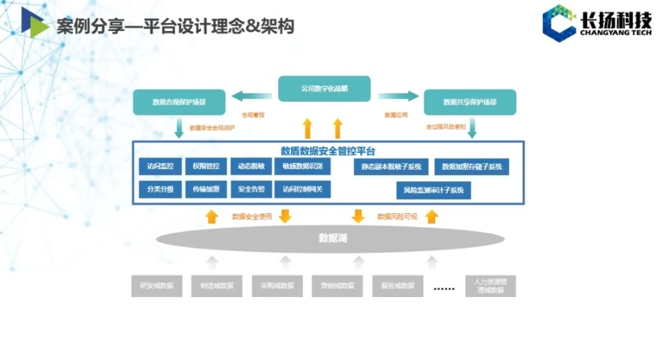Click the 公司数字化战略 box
pos(324,88)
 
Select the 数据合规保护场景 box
pos(179,102)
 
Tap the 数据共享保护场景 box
pos(470,102)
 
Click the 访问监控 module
pos(160,166)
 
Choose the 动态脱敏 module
pos(251,166)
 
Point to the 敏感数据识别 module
pos(302,166)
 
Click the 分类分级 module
pos(160,190)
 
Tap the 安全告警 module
pos(251,190)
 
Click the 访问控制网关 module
pos(302,190)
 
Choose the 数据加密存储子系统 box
pos(471,167)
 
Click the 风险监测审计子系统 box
pos(433,191)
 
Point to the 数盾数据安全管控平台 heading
pos(328,151)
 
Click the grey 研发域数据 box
pos(157,286)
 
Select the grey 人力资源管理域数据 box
pos(491,286)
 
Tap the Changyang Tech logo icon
pos(559,24)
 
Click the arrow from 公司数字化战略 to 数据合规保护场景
pos(252,95)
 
